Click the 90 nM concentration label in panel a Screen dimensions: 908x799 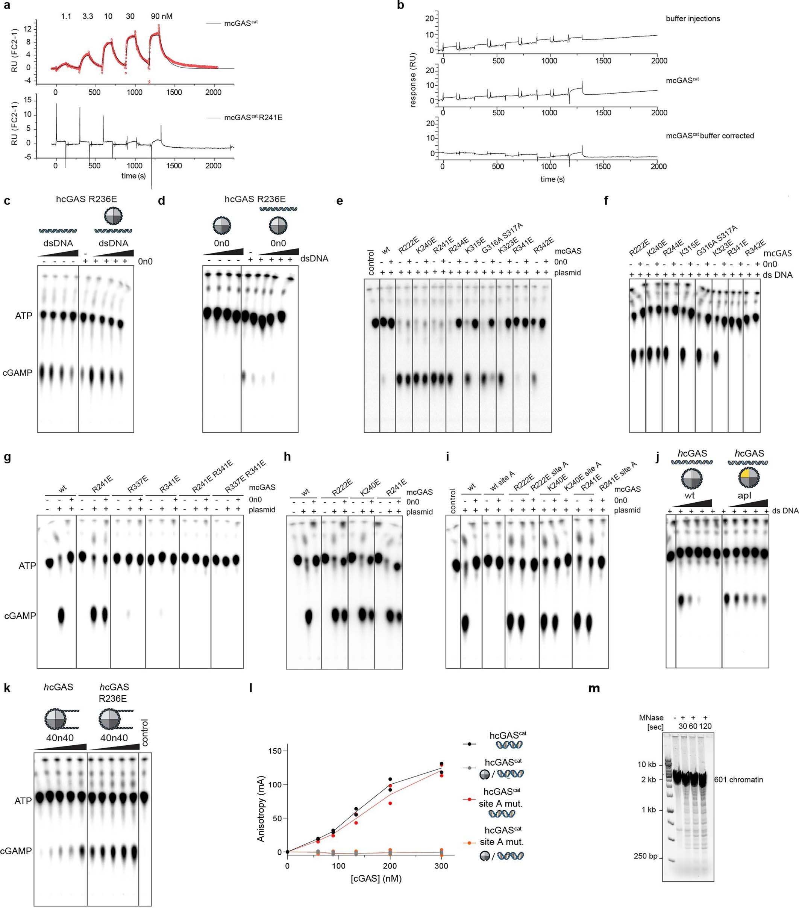pyautogui.click(x=161, y=17)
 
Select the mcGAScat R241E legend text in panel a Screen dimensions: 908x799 pyautogui.click(x=253, y=118)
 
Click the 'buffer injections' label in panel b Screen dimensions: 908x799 pyautogui.click(x=693, y=19)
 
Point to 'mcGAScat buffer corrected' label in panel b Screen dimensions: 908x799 pyautogui.click(x=710, y=136)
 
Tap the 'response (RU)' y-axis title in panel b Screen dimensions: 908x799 pyautogui.click(x=413, y=80)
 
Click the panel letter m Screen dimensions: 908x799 pyautogui.click(x=594, y=688)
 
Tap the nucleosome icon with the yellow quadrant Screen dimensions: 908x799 pyautogui.click(x=748, y=478)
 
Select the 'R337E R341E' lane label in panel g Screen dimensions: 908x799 pyautogui.click(x=246, y=477)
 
